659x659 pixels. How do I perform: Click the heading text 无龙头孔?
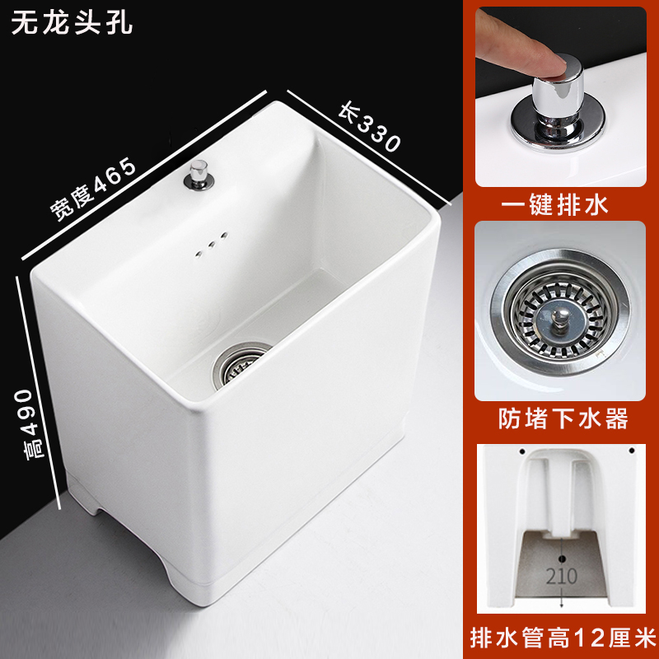click(x=72, y=23)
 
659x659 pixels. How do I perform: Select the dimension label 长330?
click(x=370, y=129)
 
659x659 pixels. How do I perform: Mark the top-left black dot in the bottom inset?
click(x=522, y=451)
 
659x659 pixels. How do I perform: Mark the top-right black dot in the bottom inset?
click(x=629, y=451)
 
